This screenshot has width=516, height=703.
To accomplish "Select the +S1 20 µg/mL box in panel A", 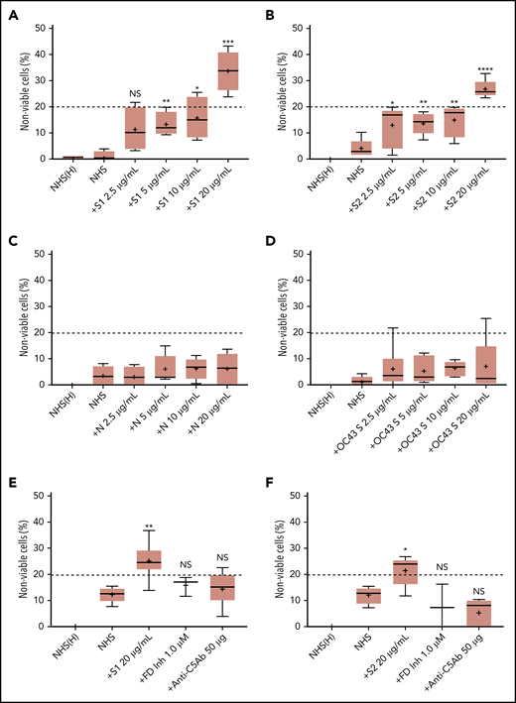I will point(228,71).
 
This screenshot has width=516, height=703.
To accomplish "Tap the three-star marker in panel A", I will point(228,42).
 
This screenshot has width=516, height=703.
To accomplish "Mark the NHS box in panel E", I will point(112,593).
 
